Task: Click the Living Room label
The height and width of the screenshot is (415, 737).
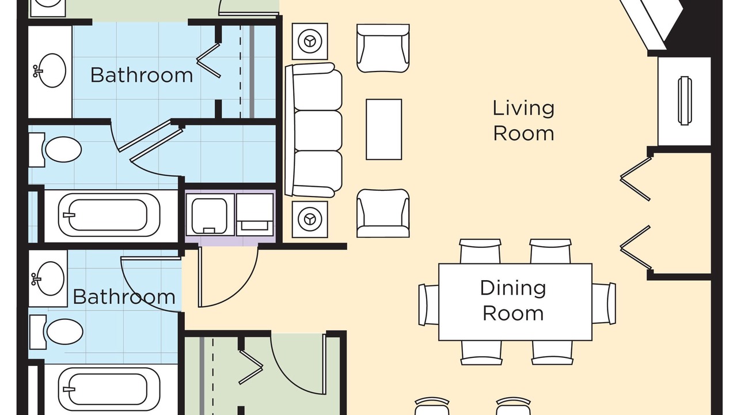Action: (x=523, y=121)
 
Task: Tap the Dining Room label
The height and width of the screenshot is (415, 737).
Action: (x=513, y=300)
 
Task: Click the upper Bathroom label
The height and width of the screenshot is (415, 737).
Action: (x=142, y=75)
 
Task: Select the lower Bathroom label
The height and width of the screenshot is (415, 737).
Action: (x=124, y=297)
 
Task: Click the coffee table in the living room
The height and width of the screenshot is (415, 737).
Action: (x=383, y=130)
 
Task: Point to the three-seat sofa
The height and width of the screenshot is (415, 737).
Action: (x=314, y=130)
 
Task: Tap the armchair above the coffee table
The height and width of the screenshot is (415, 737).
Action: (x=383, y=48)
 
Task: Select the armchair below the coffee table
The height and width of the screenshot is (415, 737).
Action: (x=383, y=213)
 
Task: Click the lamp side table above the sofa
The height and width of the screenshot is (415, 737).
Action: (x=310, y=41)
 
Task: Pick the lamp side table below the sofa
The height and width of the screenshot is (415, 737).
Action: (x=310, y=220)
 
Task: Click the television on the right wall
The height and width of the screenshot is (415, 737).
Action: (x=685, y=101)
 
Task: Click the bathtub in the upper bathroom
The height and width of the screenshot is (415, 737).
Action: (x=109, y=215)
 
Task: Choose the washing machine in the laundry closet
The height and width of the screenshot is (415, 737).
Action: (x=210, y=214)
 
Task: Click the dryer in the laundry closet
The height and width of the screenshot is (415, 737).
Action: (x=255, y=214)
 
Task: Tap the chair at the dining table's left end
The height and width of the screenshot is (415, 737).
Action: (x=428, y=305)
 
